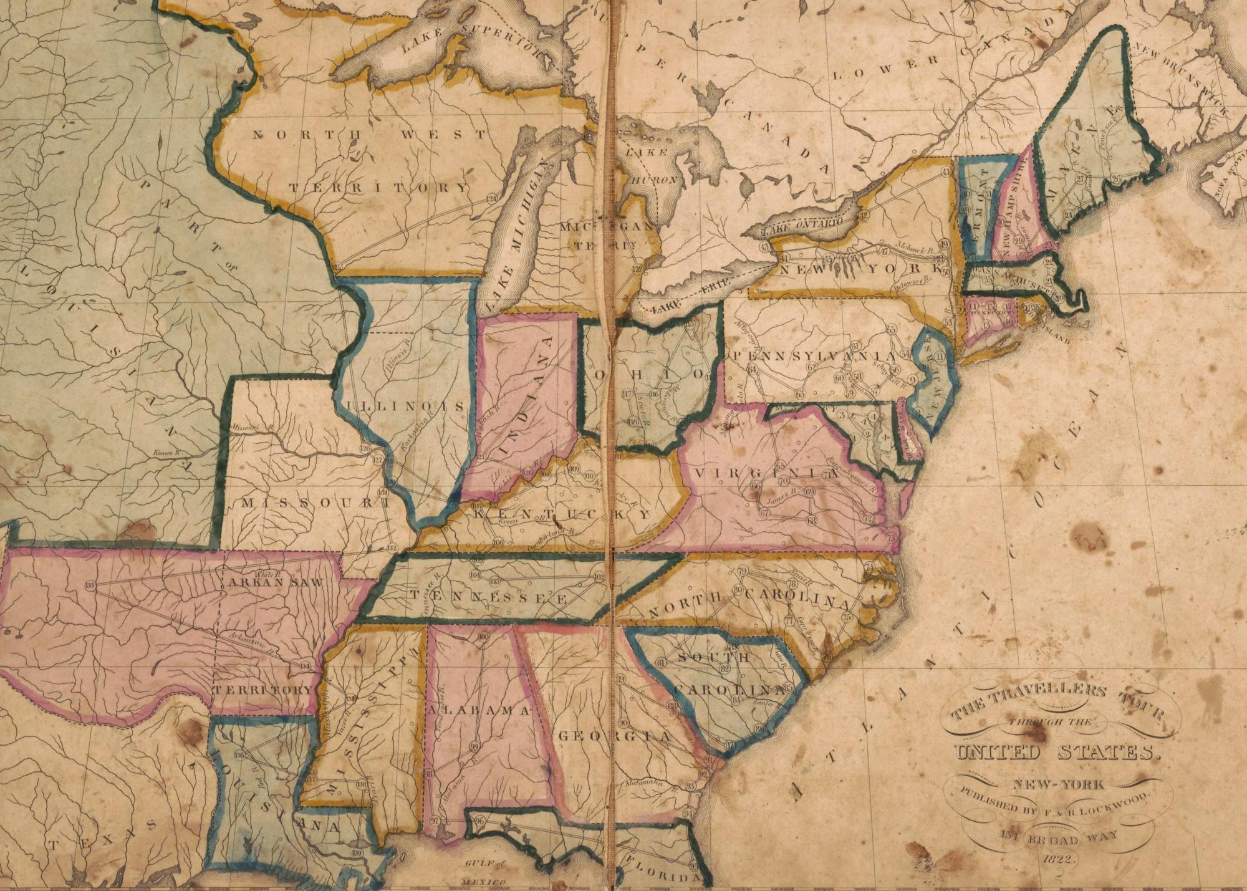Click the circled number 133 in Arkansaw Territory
tap(91, 585)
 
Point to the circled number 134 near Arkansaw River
tap(305, 667)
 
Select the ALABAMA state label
tap(478, 710)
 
